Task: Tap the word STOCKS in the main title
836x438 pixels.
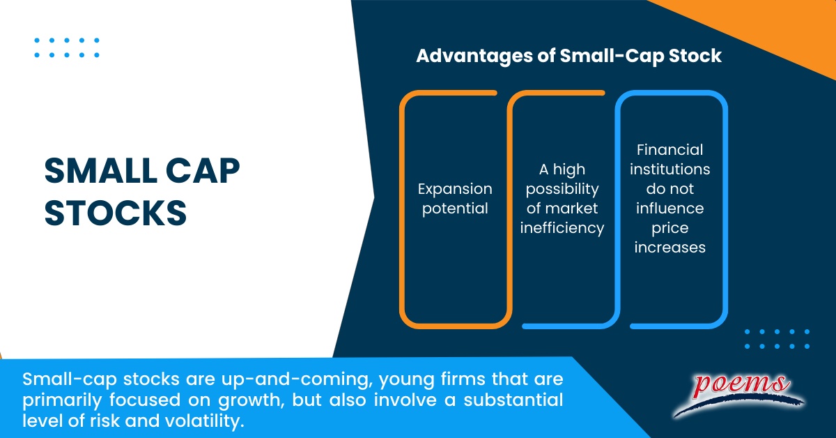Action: point(116,213)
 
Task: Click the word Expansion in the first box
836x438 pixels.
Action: point(455,189)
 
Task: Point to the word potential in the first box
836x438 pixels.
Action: point(455,208)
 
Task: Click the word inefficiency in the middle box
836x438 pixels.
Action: point(562,228)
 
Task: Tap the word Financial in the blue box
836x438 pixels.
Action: point(669,149)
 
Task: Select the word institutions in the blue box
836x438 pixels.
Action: point(669,169)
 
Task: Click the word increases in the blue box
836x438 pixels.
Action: point(669,247)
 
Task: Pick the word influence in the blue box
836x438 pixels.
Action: point(669,208)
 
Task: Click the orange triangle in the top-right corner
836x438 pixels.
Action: point(780,28)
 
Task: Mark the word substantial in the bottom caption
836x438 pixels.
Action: point(497,401)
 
